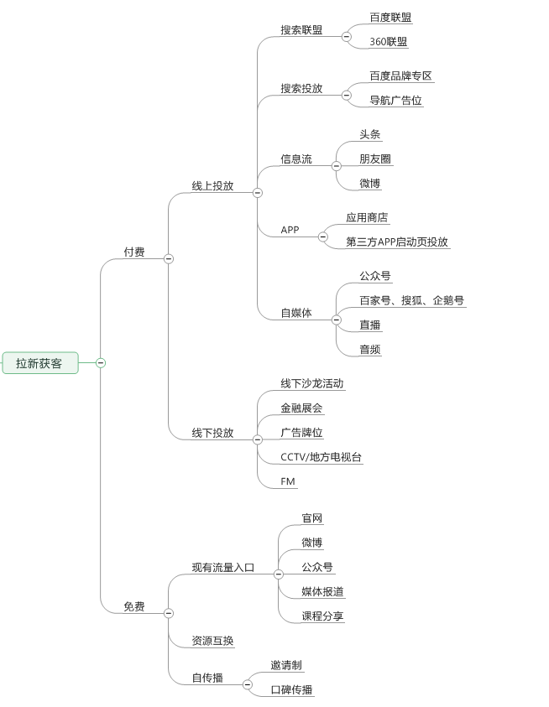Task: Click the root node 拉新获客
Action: pos(39,363)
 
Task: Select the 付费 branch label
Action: pos(134,252)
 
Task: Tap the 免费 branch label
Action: pos(134,606)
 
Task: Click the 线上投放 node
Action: pos(212,185)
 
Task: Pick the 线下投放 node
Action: pos(212,433)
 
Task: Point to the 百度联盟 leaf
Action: pos(390,17)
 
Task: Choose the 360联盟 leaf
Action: pos(389,41)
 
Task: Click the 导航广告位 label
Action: pos(396,101)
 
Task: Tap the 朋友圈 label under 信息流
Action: pos(374,159)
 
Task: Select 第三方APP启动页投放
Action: pos(397,242)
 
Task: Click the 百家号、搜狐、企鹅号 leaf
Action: pos(411,300)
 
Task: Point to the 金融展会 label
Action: pos(301,408)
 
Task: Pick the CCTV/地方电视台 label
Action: pos(322,457)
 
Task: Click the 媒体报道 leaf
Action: pos(322,591)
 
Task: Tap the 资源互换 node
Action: pos(212,641)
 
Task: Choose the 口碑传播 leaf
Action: pos(291,689)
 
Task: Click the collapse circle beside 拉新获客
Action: pos(101,363)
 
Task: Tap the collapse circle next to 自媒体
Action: pos(337,320)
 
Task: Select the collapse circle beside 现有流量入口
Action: pos(279,574)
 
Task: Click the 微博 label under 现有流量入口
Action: pos(312,543)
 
